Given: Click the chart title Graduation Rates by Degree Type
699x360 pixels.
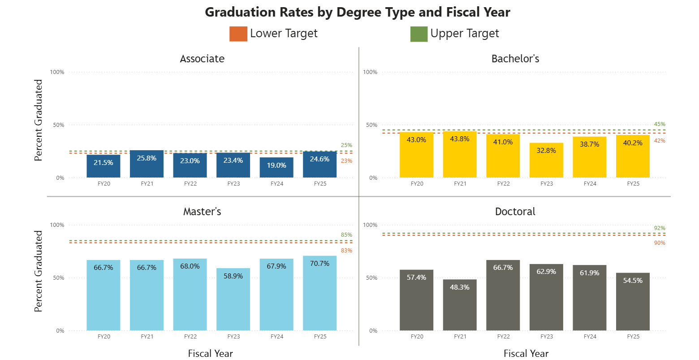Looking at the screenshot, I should point(357,12).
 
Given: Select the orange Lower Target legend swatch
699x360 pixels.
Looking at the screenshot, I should point(238,34).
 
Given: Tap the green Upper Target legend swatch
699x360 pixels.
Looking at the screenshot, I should point(419,34).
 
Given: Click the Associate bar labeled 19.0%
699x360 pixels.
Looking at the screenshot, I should point(276,168).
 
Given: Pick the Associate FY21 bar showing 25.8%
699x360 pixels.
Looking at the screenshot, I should point(147,164).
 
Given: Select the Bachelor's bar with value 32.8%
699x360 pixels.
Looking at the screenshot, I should point(546,160).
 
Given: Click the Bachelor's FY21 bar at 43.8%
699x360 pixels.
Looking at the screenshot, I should point(460,154).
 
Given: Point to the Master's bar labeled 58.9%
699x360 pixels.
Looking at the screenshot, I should point(233,299).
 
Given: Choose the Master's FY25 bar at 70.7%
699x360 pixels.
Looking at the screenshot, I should point(319,293).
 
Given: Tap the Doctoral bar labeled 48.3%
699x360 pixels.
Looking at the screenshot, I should point(460,305).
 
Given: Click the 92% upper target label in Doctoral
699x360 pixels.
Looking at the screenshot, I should point(659,228).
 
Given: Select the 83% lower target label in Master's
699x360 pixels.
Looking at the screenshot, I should point(346,251).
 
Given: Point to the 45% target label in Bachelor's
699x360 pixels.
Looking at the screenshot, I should point(659,124).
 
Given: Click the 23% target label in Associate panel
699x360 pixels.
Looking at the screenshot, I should point(346,161).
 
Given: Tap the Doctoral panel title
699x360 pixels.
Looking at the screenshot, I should point(515,212).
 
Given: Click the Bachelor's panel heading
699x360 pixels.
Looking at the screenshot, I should point(515,59).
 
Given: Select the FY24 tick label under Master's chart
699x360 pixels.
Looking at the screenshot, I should point(276,337).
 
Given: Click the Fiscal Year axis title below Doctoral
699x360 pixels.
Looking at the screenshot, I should point(526,353).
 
